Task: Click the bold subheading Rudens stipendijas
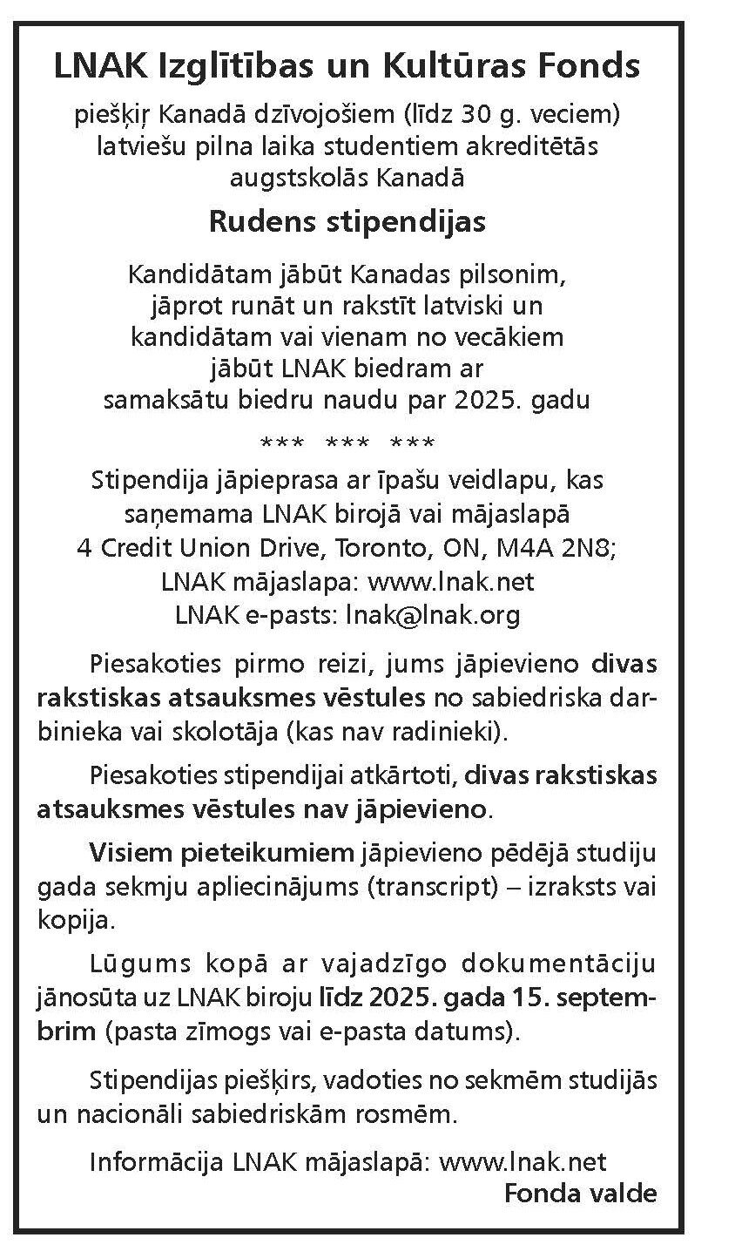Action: (347, 220)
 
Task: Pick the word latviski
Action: (477, 307)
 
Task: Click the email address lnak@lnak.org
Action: (420, 615)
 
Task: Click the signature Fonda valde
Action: (581, 1193)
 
